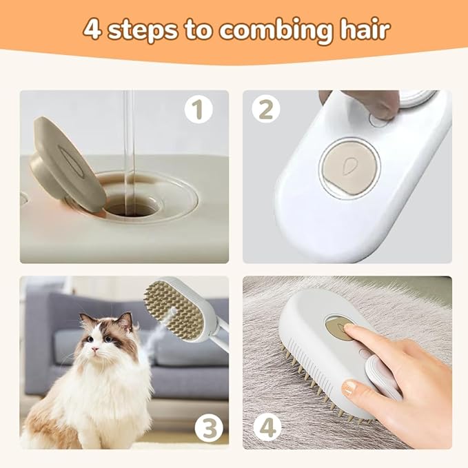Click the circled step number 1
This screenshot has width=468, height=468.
click(x=198, y=109)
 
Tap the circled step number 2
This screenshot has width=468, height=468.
click(x=265, y=109)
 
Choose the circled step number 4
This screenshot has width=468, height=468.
click(x=267, y=428)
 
